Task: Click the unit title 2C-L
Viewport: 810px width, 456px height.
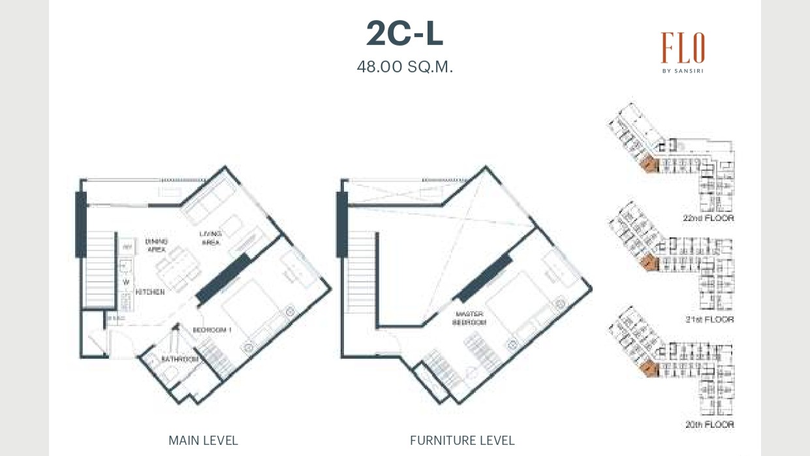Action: (x=405, y=34)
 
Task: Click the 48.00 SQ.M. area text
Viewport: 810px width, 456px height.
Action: (x=405, y=67)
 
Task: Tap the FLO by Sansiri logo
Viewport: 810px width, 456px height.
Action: (x=683, y=52)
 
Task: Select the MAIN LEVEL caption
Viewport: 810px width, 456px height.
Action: (x=203, y=440)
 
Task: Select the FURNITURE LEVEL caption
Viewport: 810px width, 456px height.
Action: (x=462, y=440)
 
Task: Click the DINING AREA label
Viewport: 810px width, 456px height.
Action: (x=156, y=245)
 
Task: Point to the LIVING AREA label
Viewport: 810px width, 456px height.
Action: (x=210, y=238)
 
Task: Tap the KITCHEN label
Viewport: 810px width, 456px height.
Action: (x=149, y=292)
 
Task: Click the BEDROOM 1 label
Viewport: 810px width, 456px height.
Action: (x=212, y=331)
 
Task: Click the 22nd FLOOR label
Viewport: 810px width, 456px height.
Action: (x=708, y=219)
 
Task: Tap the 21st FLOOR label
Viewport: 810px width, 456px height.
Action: (x=709, y=320)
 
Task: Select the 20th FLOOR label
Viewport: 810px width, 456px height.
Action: (x=709, y=425)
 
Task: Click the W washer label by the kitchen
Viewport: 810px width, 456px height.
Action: (x=126, y=282)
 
